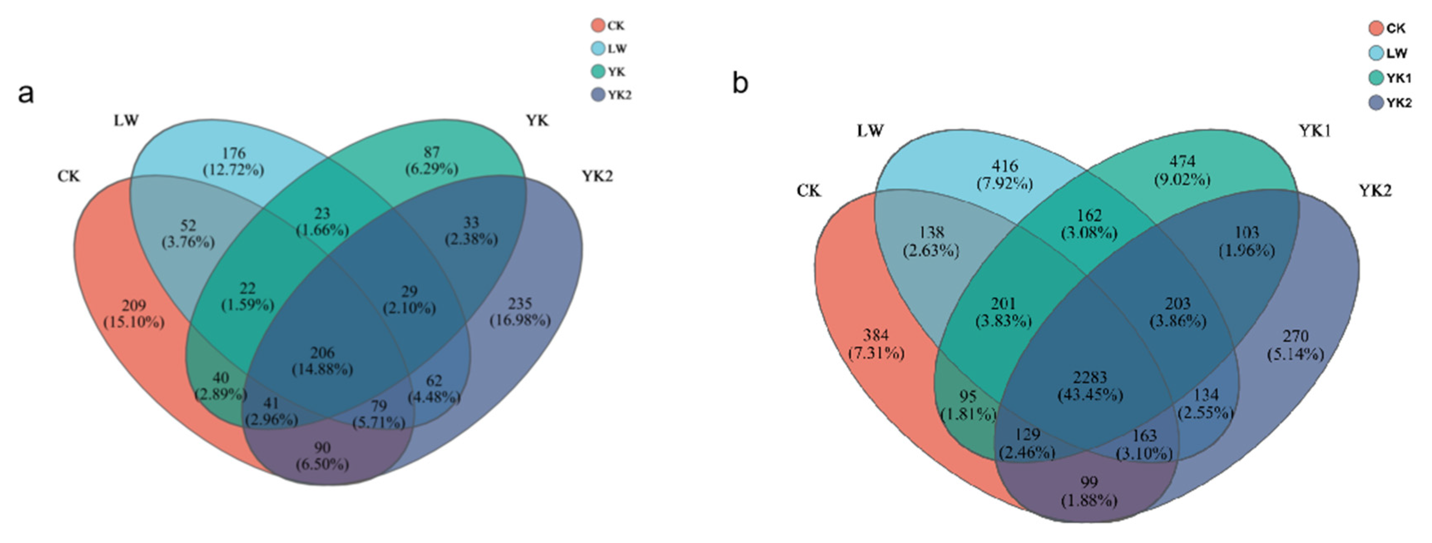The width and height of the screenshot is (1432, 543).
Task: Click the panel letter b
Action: click(740, 84)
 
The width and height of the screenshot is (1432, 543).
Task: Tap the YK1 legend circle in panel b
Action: click(1376, 78)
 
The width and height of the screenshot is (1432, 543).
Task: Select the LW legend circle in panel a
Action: click(598, 49)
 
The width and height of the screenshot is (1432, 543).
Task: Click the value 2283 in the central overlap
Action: click(1090, 378)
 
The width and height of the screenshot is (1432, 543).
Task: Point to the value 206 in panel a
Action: click(322, 352)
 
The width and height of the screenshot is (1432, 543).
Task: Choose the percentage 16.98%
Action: click(520, 321)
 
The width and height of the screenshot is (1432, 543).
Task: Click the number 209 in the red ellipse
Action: click(134, 305)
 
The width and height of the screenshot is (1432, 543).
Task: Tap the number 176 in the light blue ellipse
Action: click(233, 153)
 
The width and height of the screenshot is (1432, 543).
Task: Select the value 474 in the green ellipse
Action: click(1182, 162)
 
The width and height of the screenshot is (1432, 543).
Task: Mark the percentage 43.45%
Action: click(1090, 395)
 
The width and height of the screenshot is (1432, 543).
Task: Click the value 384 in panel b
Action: click(876, 335)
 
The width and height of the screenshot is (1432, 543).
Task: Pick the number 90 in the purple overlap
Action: click(322, 447)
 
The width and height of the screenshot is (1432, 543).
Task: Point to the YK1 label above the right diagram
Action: click(1314, 131)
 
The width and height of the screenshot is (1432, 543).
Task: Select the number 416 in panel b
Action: click(1004, 165)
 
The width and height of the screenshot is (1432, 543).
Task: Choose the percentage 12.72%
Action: click(233, 170)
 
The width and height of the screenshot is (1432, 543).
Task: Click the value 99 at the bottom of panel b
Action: click(1089, 482)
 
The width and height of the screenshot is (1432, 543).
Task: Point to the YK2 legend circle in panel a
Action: click(598, 95)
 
